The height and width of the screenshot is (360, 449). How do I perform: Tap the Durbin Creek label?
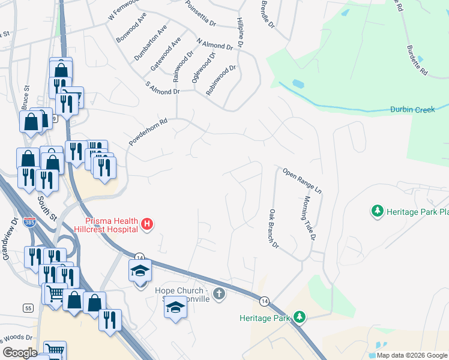412,109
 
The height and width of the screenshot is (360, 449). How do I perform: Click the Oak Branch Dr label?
274,228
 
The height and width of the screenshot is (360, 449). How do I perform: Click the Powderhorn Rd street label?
147,131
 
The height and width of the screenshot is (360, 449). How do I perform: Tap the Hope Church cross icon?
220,293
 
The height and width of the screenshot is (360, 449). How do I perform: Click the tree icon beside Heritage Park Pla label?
377,211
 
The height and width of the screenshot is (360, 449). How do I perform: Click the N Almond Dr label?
214,43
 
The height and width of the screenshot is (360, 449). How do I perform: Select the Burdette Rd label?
417,61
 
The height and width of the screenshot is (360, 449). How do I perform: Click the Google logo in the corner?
20,353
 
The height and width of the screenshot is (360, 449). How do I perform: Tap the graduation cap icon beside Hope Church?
175,307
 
